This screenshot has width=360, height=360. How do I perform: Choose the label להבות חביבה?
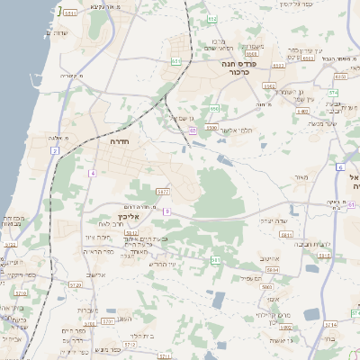(312, 242)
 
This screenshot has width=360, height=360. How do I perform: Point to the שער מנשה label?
(319, 124)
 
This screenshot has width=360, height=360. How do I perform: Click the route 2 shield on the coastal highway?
(54, 150)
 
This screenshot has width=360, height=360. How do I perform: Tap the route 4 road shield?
(92, 172)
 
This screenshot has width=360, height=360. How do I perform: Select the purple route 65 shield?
(192, 130)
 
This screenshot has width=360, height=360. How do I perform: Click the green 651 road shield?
(176, 61)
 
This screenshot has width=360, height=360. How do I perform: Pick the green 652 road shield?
(211, 19)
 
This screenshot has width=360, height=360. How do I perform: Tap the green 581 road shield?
(215, 259)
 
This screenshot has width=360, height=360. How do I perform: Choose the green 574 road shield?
(332, 92)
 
